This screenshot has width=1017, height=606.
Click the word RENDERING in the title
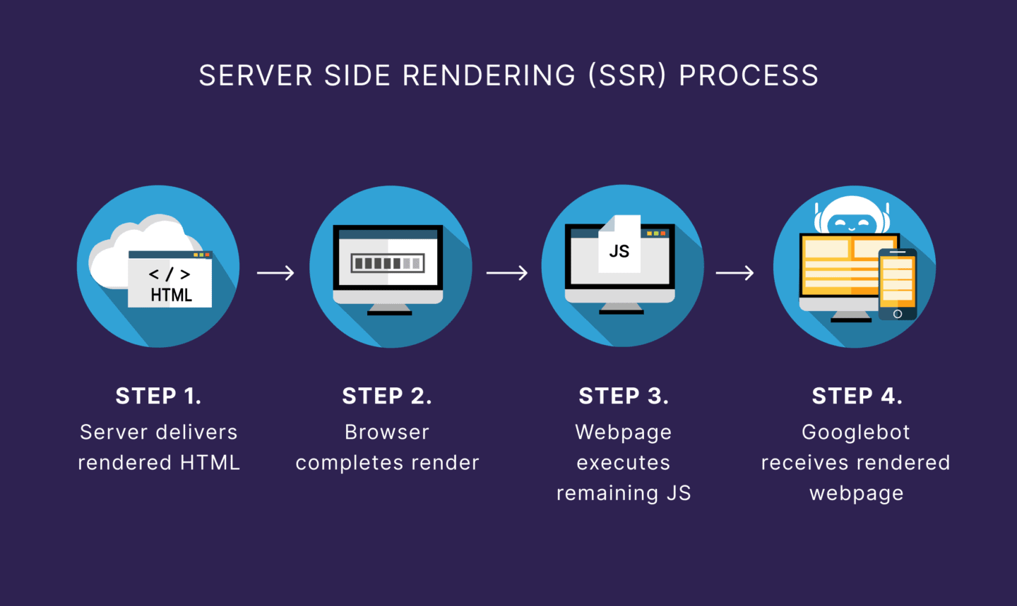pyautogui.click(x=489, y=75)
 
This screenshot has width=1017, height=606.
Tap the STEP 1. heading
pyautogui.click(x=159, y=396)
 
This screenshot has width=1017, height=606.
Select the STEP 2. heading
pyautogui.click(x=387, y=396)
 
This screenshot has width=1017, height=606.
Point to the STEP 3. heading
pyautogui.click(x=624, y=396)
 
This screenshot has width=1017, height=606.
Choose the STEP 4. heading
pyautogui.click(x=857, y=396)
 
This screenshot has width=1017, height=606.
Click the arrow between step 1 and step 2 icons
pyautogui.click(x=275, y=272)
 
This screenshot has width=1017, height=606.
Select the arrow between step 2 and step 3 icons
pyautogui.click(x=506, y=272)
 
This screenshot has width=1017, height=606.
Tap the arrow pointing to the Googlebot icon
pyautogui.click(x=734, y=272)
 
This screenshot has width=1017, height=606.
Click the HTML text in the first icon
pyautogui.click(x=171, y=295)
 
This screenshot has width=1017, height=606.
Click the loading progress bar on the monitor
pyautogui.click(x=388, y=263)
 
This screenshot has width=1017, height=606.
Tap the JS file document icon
pyautogui.click(x=619, y=246)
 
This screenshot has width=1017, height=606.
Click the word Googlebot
pyautogui.click(x=856, y=432)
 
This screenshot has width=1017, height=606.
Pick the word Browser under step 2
pyautogui.click(x=387, y=432)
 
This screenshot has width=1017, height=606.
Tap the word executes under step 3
pyautogui.click(x=624, y=463)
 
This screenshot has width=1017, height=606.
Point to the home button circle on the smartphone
pyautogui.click(x=898, y=314)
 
